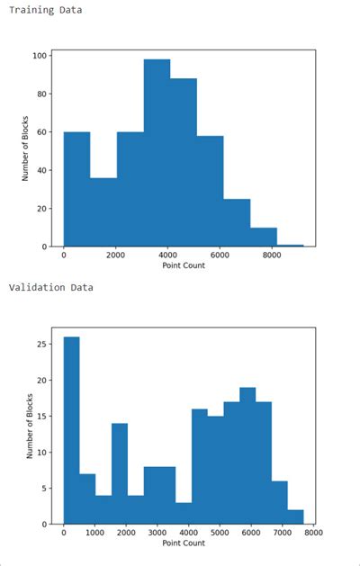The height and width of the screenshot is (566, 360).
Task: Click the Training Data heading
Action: point(45,10)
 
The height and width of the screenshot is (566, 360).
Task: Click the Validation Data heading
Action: point(51,288)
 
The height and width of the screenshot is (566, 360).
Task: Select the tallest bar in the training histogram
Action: point(157,153)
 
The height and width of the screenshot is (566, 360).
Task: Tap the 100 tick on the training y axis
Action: point(40,56)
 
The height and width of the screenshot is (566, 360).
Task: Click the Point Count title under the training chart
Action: point(184,265)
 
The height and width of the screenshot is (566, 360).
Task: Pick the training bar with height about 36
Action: point(103,211)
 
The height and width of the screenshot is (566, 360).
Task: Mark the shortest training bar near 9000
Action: point(290,245)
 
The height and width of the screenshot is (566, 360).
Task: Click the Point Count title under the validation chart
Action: point(184,544)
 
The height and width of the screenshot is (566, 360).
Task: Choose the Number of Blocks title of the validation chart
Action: point(29,426)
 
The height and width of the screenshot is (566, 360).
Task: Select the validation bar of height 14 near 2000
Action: point(120,473)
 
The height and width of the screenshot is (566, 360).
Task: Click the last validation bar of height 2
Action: point(296,517)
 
